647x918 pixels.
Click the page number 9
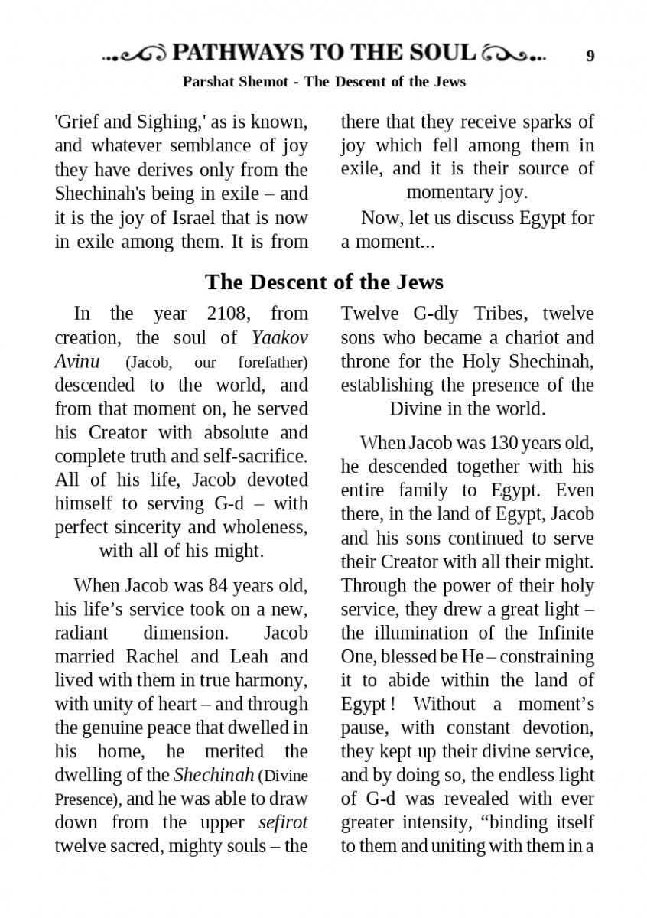tap(590, 55)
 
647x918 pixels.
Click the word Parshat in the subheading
tap(209, 81)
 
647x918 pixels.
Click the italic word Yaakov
tap(280, 337)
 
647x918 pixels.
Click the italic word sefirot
tap(283, 822)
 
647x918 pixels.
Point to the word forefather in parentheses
tap(272, 362)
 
